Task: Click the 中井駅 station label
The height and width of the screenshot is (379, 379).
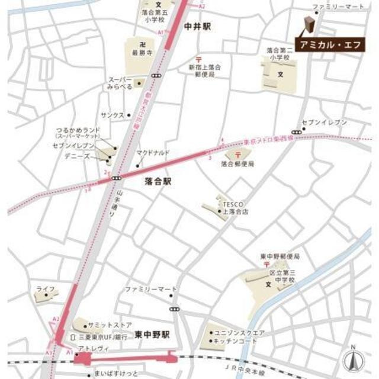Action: coord(197,27)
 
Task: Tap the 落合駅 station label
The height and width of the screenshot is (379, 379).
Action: coord(158,183)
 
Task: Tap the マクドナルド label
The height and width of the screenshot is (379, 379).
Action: coord(153,153)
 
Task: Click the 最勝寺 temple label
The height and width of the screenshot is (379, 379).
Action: coord(139,52)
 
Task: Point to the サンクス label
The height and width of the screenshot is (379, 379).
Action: coord(112,115)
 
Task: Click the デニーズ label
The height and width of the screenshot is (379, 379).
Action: coord(78,159)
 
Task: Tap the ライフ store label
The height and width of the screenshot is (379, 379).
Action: coord(46,288)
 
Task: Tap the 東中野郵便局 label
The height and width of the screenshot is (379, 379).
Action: coord(280,256)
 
